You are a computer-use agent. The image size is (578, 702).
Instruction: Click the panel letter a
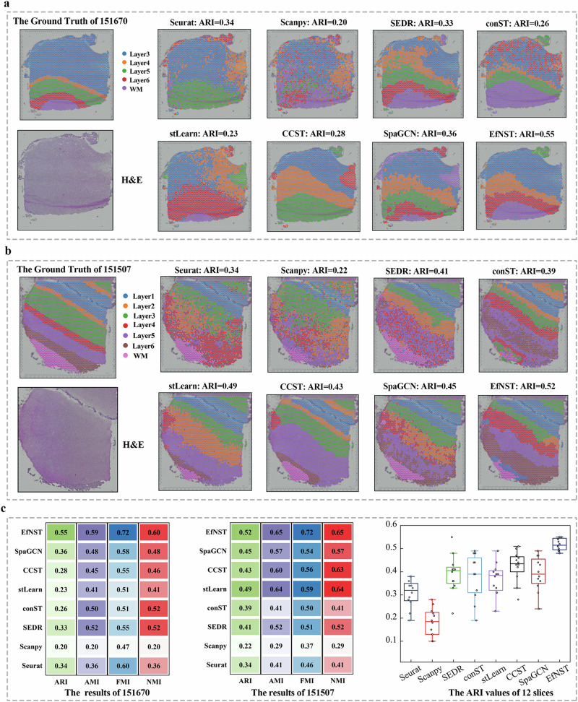[5, 5]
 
